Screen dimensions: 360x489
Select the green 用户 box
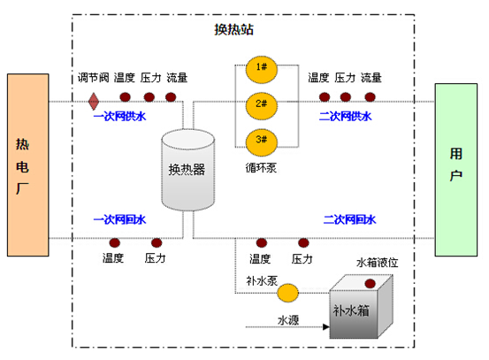tap(456, 169)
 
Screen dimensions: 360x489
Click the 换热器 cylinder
tap(187, 170)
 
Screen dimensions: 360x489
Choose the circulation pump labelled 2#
tap(262, 103)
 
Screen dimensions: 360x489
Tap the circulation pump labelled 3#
tap(262, 139)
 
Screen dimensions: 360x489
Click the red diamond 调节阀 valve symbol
tap(93, 100)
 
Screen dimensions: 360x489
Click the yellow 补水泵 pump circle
tap(288, 291)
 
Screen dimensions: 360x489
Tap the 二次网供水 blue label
tap(345, 116)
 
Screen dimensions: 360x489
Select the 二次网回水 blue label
tap(350, 218)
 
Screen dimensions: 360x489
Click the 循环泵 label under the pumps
tap(261, 166)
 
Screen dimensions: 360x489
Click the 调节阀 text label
tap(92, 78)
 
